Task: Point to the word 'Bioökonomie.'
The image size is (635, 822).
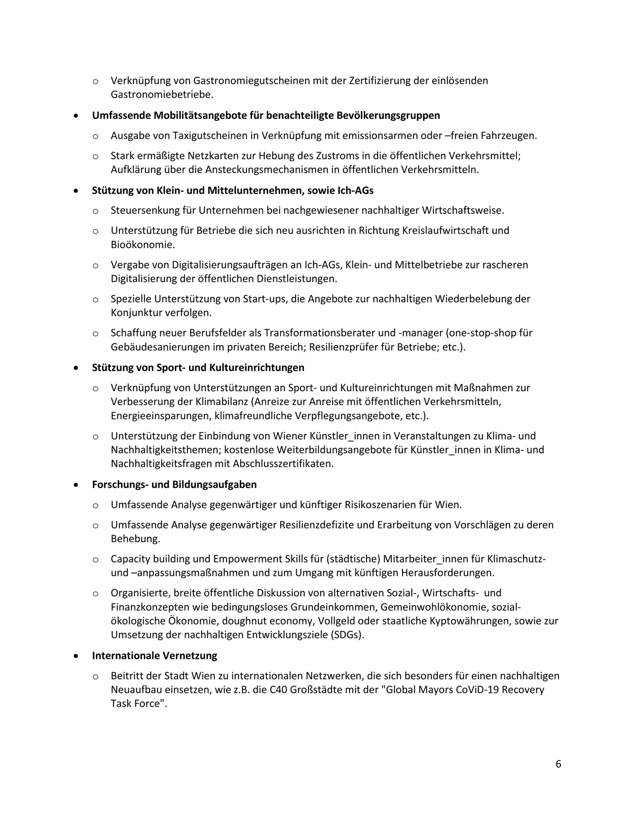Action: pos(143,245)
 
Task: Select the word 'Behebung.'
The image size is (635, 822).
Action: pos(136,539)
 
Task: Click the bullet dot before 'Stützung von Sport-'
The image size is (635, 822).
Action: pos(77,368)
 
